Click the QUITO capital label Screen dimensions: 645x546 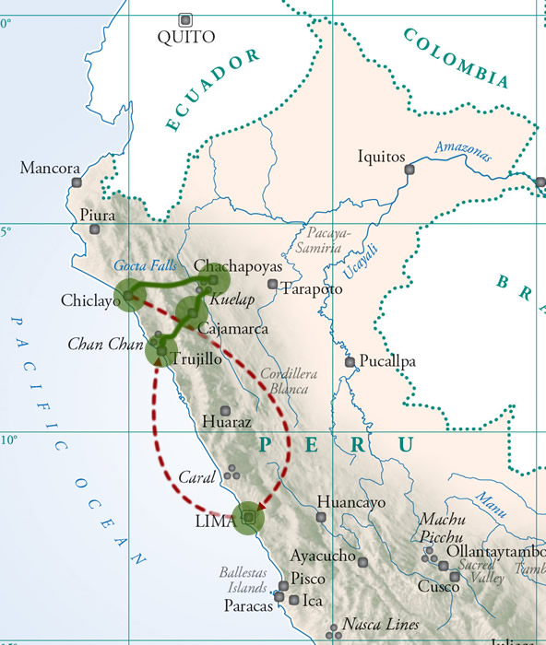[x=185, y=38]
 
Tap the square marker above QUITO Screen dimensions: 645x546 [x=185, y=18]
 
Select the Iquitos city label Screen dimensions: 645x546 [x=381, y=157]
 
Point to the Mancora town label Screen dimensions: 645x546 [x=50, y=169]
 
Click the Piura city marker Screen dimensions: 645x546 [x=94, y=229]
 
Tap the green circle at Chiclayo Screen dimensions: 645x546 [x=129, y=293]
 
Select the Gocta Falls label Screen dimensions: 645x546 [x=147, y=265]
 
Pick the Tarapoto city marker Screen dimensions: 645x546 [x=272, y=284]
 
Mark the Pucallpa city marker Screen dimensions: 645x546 [x=350, y=362]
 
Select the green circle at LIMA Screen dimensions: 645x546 [x=248, y=518]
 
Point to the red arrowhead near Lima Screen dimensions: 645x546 [x=261, y=505]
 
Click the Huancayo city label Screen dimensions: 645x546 [x=350, y=502]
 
